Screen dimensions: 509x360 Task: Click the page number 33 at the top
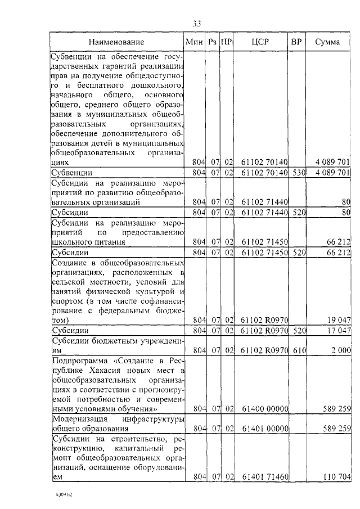(197, 23)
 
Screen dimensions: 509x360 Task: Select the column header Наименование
(116, 42)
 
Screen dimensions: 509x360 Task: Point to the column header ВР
(296, 42)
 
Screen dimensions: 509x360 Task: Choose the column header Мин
(195, 42)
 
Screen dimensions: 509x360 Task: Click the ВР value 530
(297, 172)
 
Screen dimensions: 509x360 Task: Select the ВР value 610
(297, 350)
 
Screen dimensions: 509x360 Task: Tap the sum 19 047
(339, 320)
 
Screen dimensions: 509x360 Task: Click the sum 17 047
(339, 330)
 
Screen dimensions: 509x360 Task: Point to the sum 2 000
(341, 350)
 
